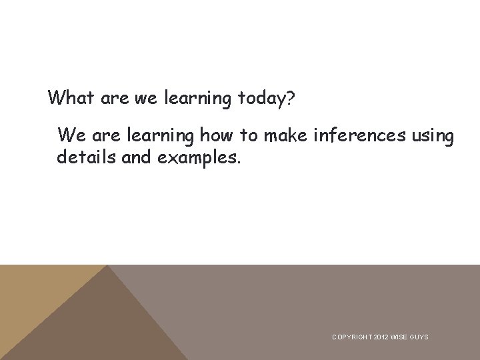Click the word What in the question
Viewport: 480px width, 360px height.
click(x=71, y=99)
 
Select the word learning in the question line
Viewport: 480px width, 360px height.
click(x=197, y=99)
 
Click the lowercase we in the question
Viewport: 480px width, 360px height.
click(x=145, y=99)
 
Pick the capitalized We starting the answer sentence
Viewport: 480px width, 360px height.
click(x=72, y=136)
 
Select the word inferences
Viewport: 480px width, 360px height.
click(x=359, y=136)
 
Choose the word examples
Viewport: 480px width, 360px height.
click(x=199, y=159)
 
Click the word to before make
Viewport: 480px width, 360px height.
click(x=249, y=136)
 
